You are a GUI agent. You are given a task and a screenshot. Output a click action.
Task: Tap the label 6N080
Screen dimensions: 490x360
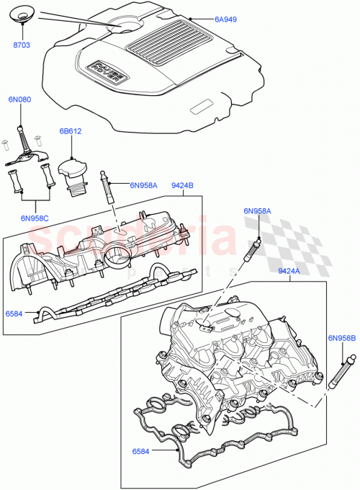pyautogui.click(x=20, y=99)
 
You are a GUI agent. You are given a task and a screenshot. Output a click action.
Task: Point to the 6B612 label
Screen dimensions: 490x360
pyautogui.click(x=71, y=133)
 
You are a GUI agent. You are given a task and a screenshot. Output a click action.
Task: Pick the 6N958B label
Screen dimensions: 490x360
pyautogui.click(x=341, y=337)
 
